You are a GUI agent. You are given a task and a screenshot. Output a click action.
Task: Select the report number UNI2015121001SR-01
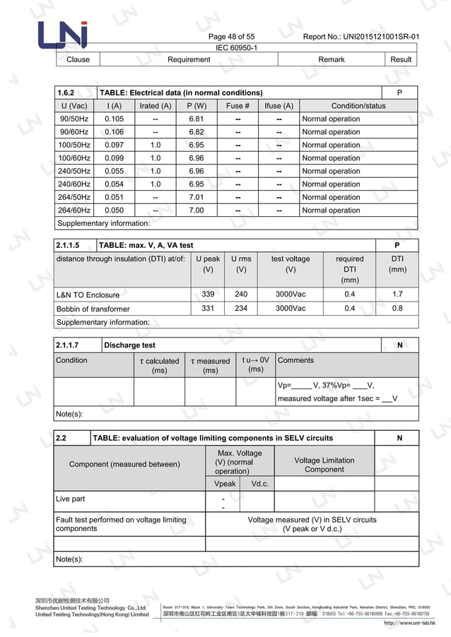point(361,37)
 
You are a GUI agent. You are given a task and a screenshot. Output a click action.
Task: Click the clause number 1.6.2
point(66,93)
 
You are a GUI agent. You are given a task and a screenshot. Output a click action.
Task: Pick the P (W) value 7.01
point(197,198)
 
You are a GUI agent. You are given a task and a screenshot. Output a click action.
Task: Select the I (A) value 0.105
point(114,119)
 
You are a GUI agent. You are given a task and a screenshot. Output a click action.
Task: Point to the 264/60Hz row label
point(74,210)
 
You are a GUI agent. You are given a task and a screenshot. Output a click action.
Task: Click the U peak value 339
point(208,294)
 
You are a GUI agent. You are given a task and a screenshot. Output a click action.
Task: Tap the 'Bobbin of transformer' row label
point(93,309)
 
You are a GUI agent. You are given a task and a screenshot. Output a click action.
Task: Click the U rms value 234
point(241,309)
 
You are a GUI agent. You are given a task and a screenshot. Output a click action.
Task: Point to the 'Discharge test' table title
point(129,345)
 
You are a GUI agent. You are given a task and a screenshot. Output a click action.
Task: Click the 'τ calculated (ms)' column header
point(159,365)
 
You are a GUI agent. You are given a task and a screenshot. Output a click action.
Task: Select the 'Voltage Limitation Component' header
point(324,465)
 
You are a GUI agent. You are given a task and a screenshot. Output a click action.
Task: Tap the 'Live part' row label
point(71,499)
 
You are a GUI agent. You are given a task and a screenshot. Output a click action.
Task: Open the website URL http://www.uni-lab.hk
point(409,623)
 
